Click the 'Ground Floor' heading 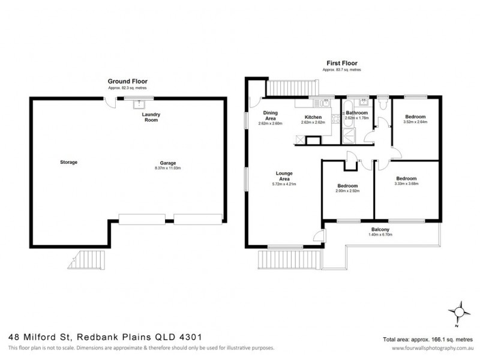tap(127, 81)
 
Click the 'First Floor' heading tap(342, 62)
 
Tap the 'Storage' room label tap(70, 162)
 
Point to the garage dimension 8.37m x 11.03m tap(168, 168)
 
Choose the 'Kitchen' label tap(313, 117)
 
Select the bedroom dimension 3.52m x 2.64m tap(415, 122)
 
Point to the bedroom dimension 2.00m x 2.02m tap(347, 192)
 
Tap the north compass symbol tap(460, 311)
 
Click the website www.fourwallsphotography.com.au tap(431, 348)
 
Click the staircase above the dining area tap(290, 88)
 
